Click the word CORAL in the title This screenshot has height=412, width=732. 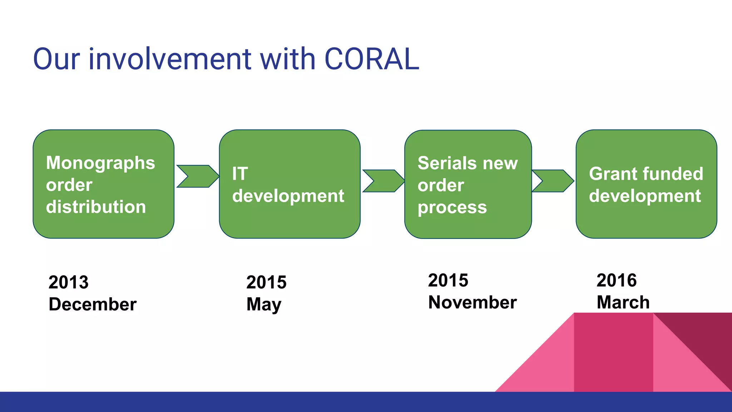click(372, 59)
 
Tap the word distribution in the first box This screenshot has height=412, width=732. click(96, 207)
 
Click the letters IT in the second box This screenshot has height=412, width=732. click(240, 174)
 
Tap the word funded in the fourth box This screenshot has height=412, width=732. click(672, 174)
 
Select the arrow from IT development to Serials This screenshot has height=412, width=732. click(383, 181)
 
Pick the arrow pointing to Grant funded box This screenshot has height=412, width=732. click(553, 181)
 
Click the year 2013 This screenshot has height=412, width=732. click(69, 283)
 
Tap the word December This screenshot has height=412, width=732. click(93, 304)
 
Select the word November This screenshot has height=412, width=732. click(472, 303)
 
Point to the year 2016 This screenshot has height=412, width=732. click(617, 280)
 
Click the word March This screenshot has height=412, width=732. click(623, 303)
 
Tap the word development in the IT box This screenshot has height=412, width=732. click(288, 196)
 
